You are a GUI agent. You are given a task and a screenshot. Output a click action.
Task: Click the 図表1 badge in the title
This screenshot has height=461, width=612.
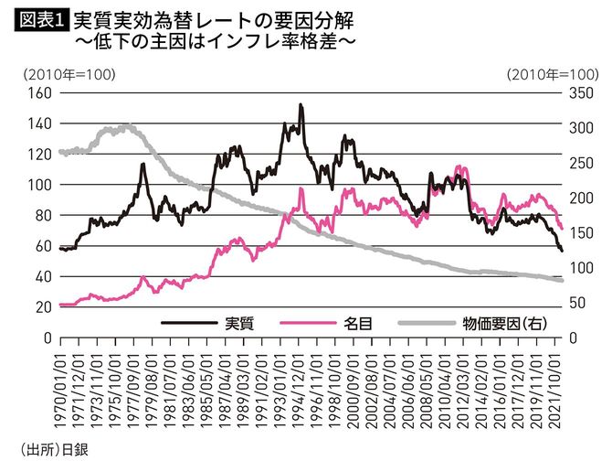point(37,17)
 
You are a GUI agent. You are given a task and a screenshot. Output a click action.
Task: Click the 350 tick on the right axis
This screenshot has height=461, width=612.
point(581,93)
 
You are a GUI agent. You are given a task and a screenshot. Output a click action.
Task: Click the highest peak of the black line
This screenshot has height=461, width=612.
point(301,105)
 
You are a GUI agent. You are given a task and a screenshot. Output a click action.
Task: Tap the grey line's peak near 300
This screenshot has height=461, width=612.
point(127,126)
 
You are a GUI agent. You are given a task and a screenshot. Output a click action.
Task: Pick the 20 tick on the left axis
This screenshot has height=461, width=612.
point(38,307)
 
